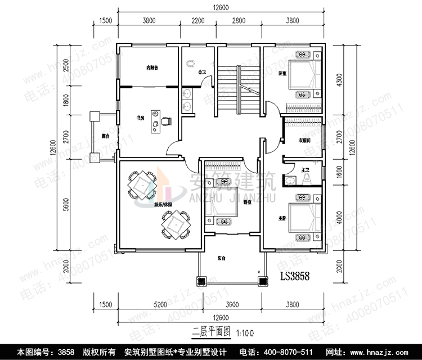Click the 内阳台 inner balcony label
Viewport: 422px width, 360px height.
(152, 68)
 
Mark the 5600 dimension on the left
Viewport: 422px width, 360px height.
(66, 206)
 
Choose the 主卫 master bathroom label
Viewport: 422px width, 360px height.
(306, 169)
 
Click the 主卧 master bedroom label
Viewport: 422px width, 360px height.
(282, 218)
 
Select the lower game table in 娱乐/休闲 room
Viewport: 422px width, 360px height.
(177, 223)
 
